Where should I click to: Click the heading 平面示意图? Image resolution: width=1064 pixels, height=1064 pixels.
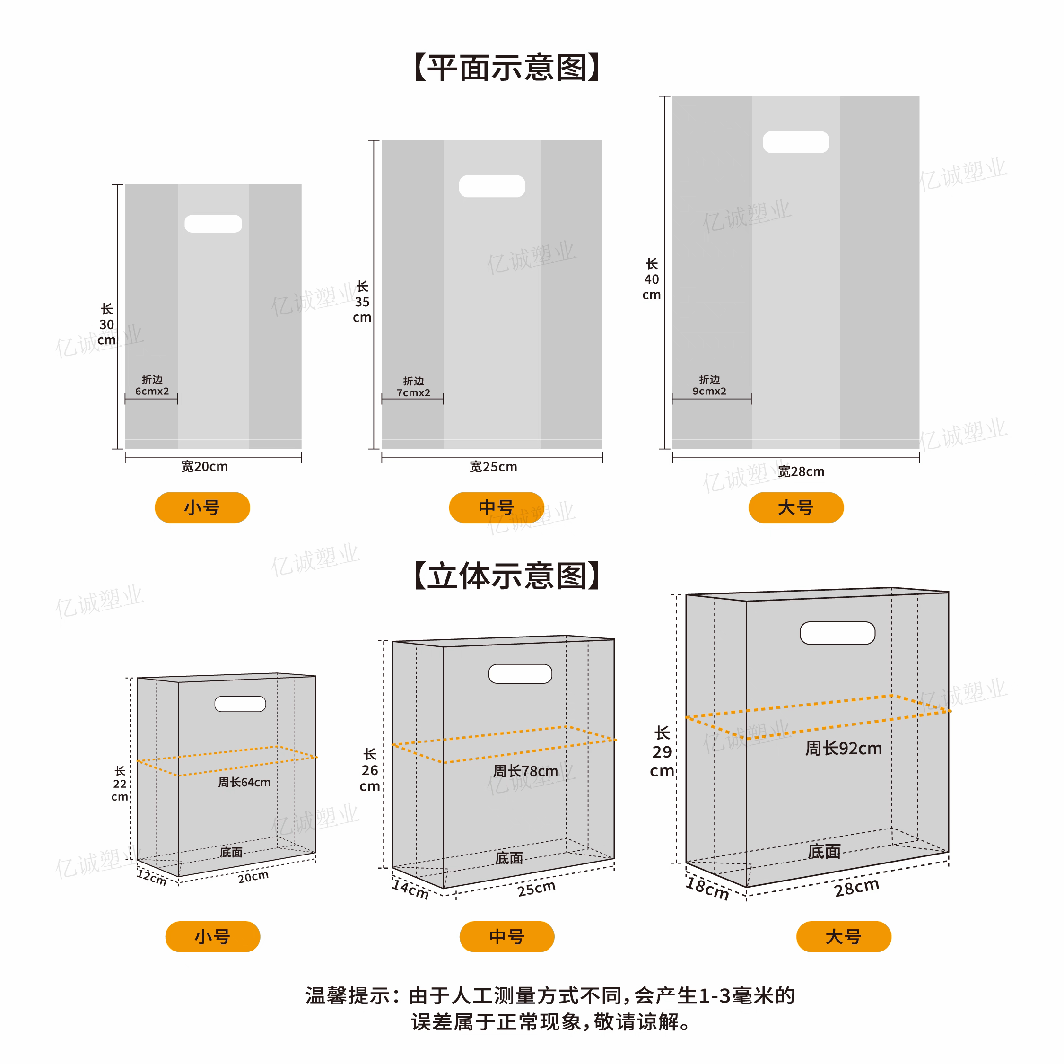(506, 68)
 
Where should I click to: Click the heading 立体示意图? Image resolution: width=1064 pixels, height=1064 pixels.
(506, 576)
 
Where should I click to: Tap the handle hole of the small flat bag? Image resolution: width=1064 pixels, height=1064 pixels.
(213, 224)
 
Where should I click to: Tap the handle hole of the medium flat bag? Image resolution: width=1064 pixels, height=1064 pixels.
(492, 186)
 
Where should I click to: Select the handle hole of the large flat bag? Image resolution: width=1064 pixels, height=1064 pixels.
(796, 142)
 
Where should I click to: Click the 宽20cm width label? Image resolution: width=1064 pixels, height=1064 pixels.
(204, 466)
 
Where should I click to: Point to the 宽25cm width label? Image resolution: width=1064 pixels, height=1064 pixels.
(493, 466)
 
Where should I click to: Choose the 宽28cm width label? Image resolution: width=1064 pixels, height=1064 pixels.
(801, 471)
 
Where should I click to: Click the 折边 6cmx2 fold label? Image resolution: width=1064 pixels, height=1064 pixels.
(152, 385)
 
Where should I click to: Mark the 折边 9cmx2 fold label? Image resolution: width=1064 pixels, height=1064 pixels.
(709, 385)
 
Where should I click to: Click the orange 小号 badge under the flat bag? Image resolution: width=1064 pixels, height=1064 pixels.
(202, 507)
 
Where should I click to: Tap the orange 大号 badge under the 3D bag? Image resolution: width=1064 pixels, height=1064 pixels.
(844, 936)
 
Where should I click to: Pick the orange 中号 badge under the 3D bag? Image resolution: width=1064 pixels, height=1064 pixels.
(506, 936)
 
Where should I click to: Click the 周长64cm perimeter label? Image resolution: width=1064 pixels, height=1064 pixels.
(244, 782)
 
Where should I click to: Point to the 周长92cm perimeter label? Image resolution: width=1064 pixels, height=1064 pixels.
(843, 748)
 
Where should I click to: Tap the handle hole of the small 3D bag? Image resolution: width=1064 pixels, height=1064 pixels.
(240, 704)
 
